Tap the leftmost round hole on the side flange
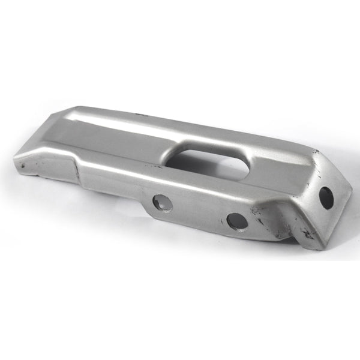[x=162, y=203]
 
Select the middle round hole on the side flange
[x=237, y=221]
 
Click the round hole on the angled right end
[x=326, y=197]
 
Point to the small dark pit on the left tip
[x=21, y=165]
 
